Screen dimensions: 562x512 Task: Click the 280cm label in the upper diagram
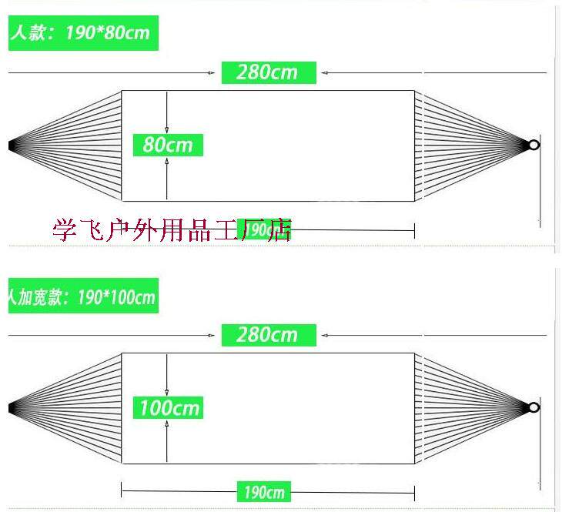click(x=269, y=72)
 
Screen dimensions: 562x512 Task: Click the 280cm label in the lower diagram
click(x=269, y=335)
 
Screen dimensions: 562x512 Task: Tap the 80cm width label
click(x=168, y=145)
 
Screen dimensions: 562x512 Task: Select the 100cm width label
click(x=169, y=407)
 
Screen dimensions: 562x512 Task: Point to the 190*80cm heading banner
click(x=82, y=33)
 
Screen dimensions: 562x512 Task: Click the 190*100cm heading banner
click(x=82, y=296)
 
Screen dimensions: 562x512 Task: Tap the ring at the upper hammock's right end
click(x=534, y=145)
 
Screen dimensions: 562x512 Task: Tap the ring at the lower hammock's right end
click(x=534, y=407)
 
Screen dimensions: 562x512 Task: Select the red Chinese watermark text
click(x=172, y=229)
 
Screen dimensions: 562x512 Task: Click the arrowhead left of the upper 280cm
click(x=212, y=73)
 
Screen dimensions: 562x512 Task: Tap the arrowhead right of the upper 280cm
click(x=326, y=73)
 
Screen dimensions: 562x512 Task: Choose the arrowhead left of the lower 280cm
click(x=212, y=336)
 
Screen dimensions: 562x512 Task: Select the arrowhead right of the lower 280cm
click(x=326, y=336)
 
